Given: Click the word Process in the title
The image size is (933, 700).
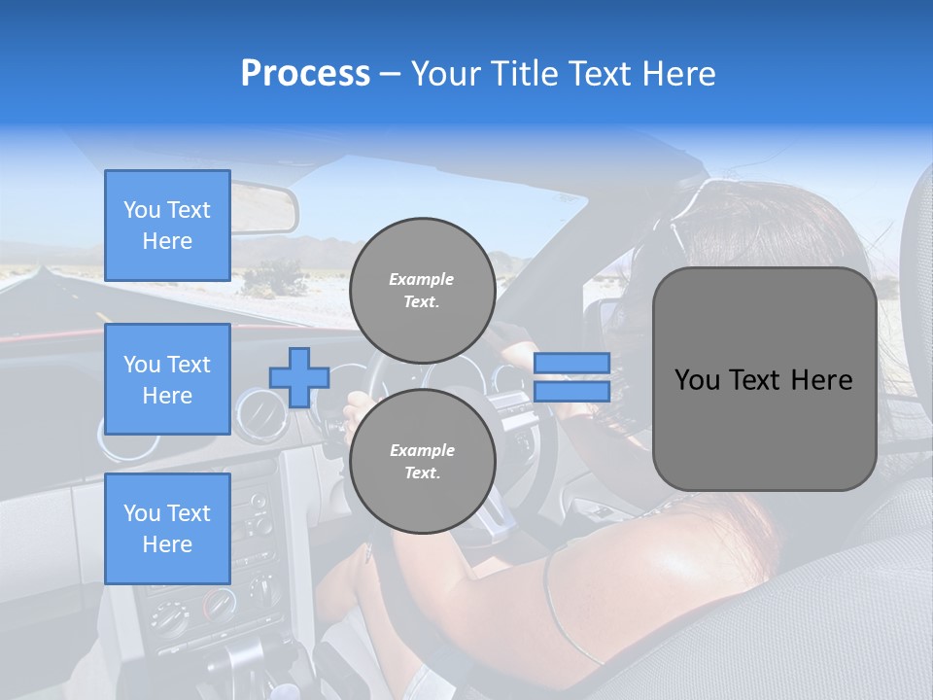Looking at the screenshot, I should pyautogui.click(x=305, y=74).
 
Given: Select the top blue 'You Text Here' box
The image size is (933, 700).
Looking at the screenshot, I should pyautogui.click(x=167, y=226).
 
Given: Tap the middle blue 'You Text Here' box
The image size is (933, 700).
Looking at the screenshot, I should pyautogui.click(x=167, y=379).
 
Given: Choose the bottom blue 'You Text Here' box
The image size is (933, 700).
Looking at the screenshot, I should pyautogui.click(x=167, y=528).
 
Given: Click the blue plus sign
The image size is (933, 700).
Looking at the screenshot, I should pyautogui.click(x=298, y=377).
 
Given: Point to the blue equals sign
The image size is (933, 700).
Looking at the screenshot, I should pyautogui.click(x=571, y=377).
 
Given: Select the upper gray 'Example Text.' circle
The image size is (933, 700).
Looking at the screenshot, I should pyautogui.click(x=422, y=290).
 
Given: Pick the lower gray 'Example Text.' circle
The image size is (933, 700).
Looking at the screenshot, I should pyautogui.click(x=422, y=461).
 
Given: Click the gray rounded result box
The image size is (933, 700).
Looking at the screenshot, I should pyautogui.click(x=764, y=379).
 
